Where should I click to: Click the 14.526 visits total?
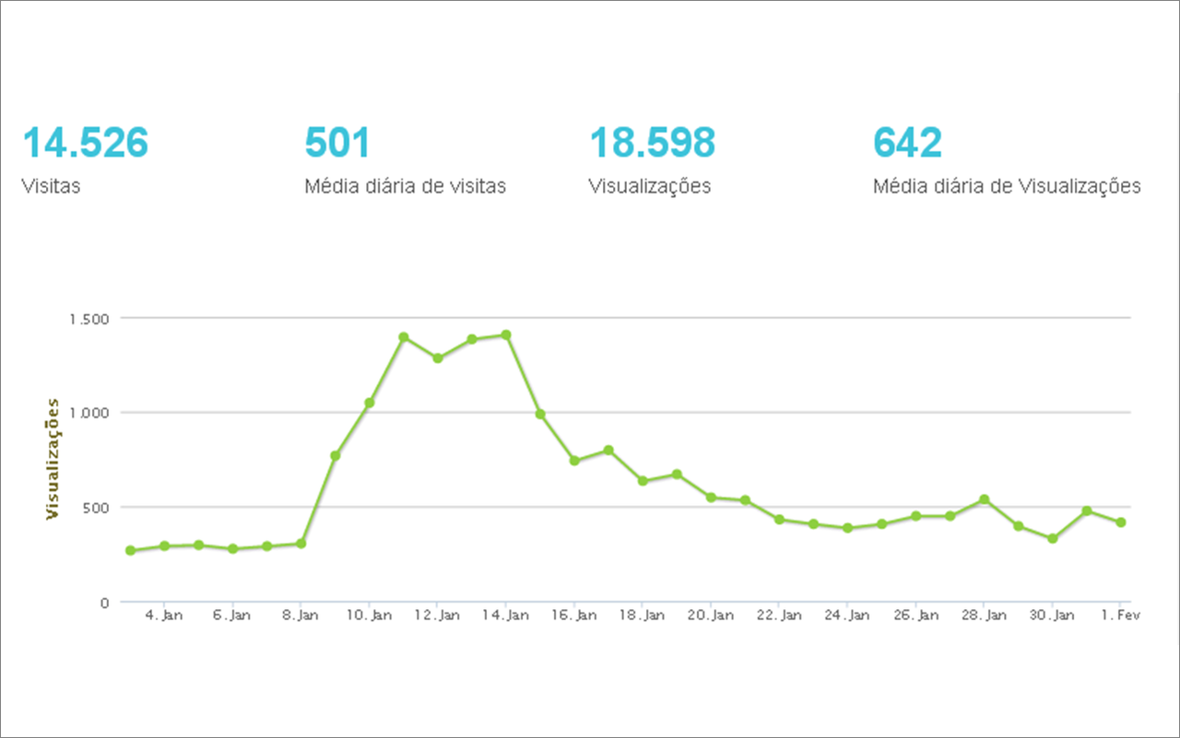[85, 144]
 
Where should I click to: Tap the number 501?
[337, 144]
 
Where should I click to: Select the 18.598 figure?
[652, 144]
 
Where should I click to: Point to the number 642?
[907, 144]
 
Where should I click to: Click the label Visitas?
[51, 186]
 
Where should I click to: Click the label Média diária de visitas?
[405, 186]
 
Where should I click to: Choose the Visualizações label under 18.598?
[649, 186]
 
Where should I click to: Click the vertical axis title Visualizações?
[53, 459]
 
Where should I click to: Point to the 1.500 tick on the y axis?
[88, 319]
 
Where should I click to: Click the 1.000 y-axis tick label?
[88, 413]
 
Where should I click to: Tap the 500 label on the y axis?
[97, 508]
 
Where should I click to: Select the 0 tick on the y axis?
[104, 603]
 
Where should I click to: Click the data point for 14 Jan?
[506, 334]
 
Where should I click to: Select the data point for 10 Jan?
[369, 403]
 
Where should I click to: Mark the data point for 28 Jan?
[985, 499]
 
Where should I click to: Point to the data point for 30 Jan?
[1053, 538]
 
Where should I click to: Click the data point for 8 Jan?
[301, 544]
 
